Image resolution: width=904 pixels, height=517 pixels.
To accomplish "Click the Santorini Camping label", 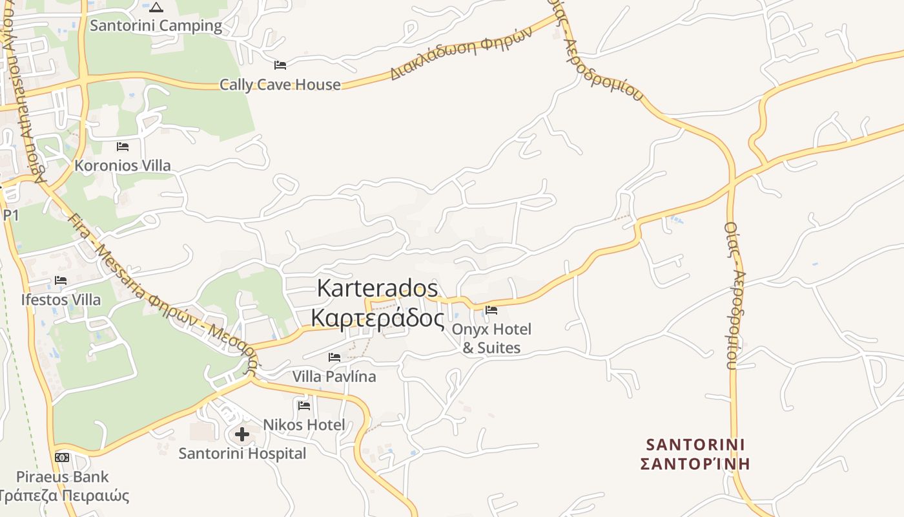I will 156,26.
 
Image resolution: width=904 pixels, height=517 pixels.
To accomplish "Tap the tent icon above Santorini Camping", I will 156,8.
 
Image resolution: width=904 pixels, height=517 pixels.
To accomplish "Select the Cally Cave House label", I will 280,85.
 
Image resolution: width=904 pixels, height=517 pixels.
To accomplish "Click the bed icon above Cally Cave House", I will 280,65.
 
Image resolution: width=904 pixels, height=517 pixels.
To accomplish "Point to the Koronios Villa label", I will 123,165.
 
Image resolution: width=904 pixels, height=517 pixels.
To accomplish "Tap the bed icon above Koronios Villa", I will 123,147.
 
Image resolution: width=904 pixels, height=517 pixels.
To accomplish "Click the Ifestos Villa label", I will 61,300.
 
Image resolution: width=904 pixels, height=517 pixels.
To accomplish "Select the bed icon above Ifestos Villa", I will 61,280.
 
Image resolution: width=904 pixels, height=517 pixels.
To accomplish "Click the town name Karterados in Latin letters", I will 378,288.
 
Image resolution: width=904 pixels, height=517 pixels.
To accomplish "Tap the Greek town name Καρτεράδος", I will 378,318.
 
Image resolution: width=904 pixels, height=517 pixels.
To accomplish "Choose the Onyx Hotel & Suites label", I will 491,339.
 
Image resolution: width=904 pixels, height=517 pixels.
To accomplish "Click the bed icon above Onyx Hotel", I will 491,310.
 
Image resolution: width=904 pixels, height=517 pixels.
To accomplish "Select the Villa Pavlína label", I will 334,376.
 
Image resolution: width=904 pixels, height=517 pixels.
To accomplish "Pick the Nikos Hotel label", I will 303,425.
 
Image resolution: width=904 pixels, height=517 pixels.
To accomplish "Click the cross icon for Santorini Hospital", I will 242,434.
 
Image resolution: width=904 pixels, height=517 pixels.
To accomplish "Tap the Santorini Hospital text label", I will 242,454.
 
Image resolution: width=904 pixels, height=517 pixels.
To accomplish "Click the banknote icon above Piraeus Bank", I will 62,458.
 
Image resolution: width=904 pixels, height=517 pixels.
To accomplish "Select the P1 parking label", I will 10,215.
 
